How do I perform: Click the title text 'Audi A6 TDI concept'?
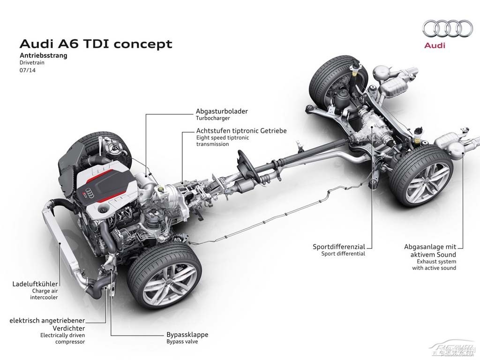(96, 44)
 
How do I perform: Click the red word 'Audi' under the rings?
(435, 45)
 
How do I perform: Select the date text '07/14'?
(28, 70)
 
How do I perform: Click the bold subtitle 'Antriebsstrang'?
(44, 55)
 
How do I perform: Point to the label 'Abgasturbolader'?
(222, 112)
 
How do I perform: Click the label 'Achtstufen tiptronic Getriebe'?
(241, 131)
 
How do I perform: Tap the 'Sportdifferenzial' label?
(339, 247)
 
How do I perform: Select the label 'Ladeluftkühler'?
(35, 284)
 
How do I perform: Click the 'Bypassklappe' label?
(187, 335)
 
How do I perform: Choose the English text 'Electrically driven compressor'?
(62, 338)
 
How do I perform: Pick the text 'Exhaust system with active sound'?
(434, 265)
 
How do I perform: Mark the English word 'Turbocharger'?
(213, 119)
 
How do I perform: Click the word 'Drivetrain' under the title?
(33, 63)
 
